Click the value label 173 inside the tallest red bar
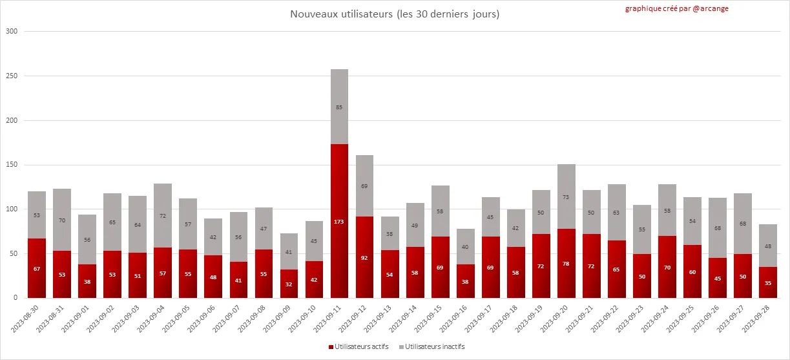click(339, 222)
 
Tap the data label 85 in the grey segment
click(339, 107)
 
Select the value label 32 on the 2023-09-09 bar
click(289, 284)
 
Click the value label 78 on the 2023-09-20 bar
click(567, 264)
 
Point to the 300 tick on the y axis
click(12, 31)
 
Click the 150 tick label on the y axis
click(12, 165)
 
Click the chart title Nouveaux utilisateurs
click(395, 14)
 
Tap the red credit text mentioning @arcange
click(676, 8)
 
